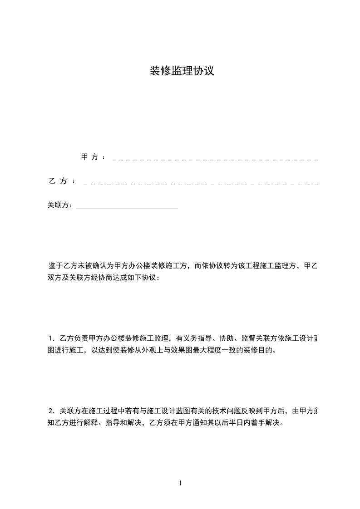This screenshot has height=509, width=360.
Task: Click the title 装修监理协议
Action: [x=182, y=71]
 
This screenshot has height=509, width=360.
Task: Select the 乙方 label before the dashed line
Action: [x=58, y=181]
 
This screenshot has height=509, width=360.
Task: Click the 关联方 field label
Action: [x=60, y=205]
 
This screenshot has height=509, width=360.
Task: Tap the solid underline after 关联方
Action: [x=127, y=207]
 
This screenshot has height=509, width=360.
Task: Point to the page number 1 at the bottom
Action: [x=180, y=483]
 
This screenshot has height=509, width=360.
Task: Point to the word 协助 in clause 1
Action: [x=227, y=338]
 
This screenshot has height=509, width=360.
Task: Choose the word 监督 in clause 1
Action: [x=249, y=338]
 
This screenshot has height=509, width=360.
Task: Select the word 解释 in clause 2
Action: [x=89, y=423]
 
